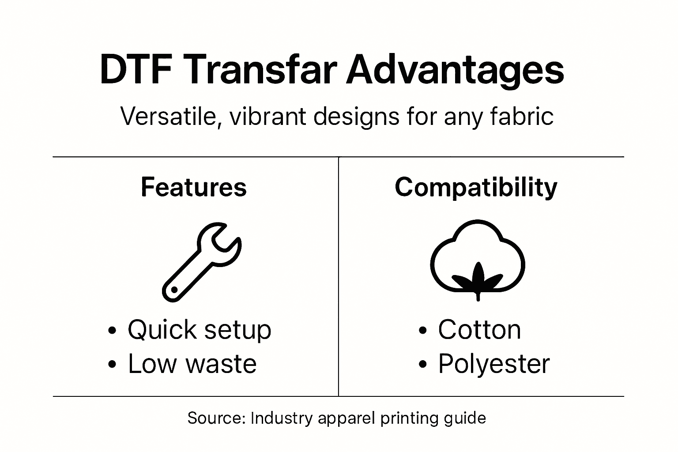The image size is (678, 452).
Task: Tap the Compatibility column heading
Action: click(x=476, y=188)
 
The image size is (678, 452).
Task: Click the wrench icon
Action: click(x=201, y=262)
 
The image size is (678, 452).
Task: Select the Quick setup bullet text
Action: click(x=199, y=330)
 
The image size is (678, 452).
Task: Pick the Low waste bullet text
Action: click(x=192, y=364)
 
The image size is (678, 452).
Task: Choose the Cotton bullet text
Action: click(x=479, y=330)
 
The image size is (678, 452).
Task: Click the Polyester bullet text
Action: click(x=493, y=364)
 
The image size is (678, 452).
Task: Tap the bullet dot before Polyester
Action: click(x=423, y=365)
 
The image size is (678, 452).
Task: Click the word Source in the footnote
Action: click(x=216, y=418)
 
